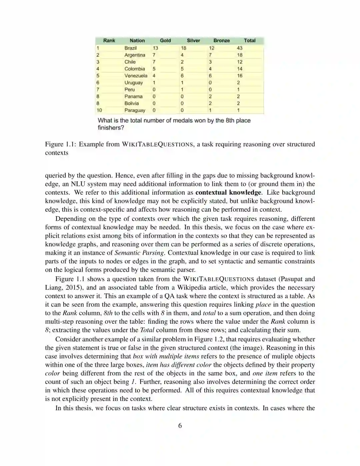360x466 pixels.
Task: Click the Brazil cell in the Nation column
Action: pos(130,48)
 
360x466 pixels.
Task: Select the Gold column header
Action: pos(165,41)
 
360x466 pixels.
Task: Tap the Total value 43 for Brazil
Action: pos(240,48)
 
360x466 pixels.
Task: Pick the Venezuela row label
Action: pos(136,76)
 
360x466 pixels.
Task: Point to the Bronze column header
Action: pos(222,41)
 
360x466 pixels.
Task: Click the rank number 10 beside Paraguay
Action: pos(99,110)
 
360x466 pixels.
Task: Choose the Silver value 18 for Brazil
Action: pos(184,48)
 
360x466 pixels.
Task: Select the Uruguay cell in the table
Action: pos(133,83)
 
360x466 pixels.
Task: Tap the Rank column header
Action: pos(109,41)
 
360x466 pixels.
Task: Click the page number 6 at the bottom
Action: pos(180,426)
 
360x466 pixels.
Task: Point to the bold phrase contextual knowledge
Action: pos(228,193)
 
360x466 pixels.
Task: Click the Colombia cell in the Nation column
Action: pos(135,69)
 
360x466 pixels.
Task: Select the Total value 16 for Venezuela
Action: pos(240,76)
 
